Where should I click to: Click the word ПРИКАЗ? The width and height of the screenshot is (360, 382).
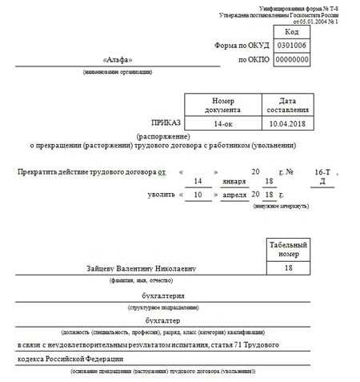[x=166, y=123]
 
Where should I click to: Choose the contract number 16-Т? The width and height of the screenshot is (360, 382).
[x=322, y=172]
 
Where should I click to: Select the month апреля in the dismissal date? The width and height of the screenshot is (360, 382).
[x=232, y=195]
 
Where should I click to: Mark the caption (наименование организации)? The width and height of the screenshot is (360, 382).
[x=118, y=73]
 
